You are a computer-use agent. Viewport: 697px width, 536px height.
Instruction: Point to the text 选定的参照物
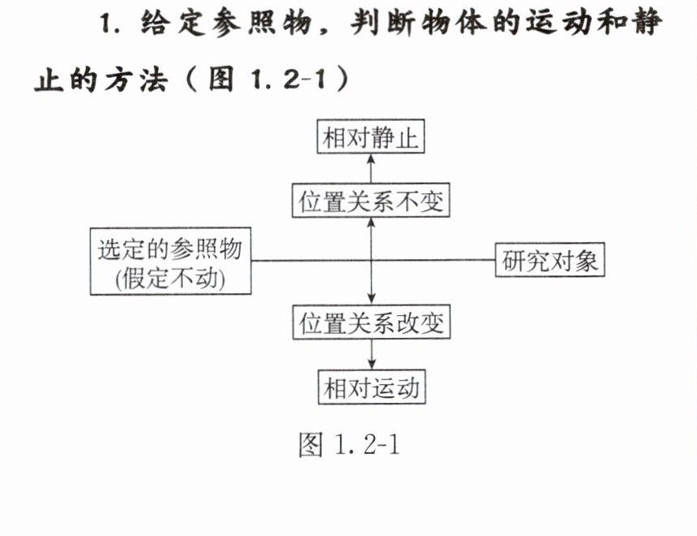[x=170, y=249]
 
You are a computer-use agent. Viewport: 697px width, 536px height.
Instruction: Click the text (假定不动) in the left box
[x=170, y=279]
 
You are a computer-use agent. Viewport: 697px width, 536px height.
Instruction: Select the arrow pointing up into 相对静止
[x=371, y=168]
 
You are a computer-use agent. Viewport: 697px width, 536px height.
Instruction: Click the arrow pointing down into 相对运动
[x=372, y=355]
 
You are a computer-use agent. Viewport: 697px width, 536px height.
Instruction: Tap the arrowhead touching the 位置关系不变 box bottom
[x=371, y=223]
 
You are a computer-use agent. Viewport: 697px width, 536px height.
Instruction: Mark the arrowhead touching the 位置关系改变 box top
[x=372, y=300]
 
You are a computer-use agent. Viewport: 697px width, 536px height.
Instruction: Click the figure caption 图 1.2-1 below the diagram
[x=350, y=444]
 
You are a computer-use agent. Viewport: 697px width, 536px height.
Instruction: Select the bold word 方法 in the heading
[x=136, y=80]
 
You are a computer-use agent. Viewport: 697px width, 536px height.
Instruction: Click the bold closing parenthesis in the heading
[x=342, y=79]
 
